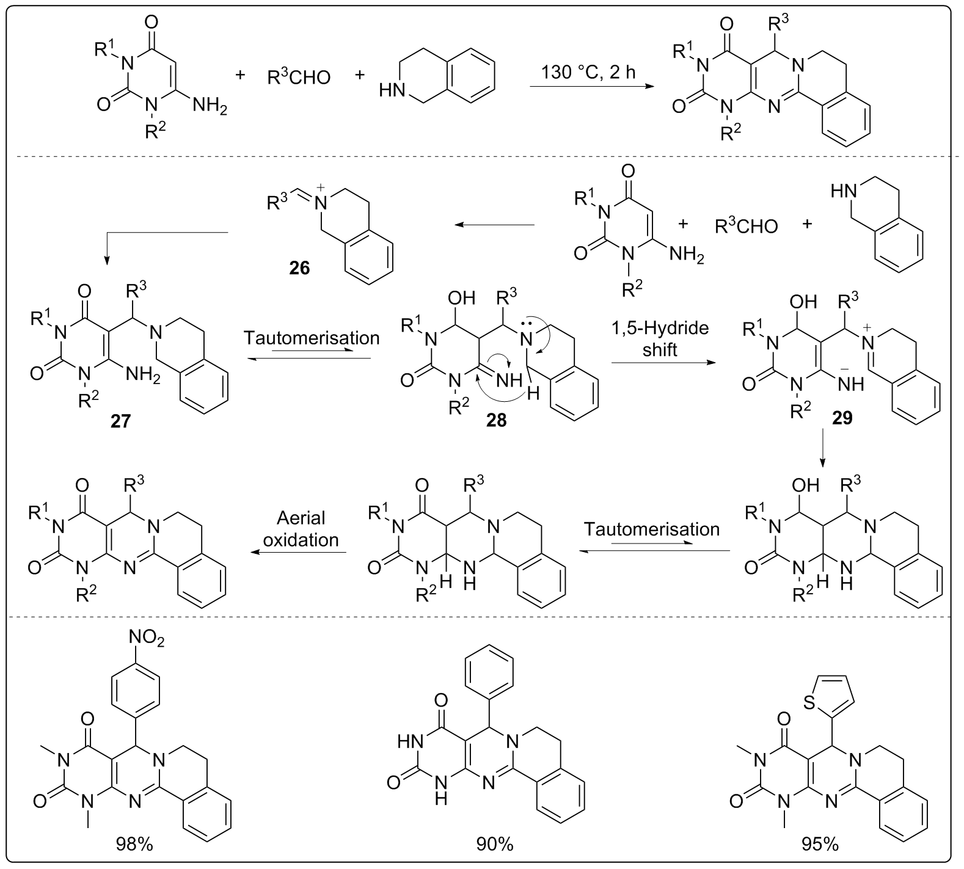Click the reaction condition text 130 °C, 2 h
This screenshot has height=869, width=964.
(x=588, y=72)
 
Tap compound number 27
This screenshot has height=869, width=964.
(x=120, y=421)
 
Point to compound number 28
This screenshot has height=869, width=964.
(x=496, y=421)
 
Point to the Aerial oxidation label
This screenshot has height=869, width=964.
(x=301, y=529)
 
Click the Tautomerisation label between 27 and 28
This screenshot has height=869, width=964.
(x=312, y=338)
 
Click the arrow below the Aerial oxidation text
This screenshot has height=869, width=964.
(x=299, y=552)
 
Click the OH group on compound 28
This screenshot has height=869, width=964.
(x=461, y=299)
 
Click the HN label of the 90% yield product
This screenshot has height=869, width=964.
(x=409, y=743)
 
